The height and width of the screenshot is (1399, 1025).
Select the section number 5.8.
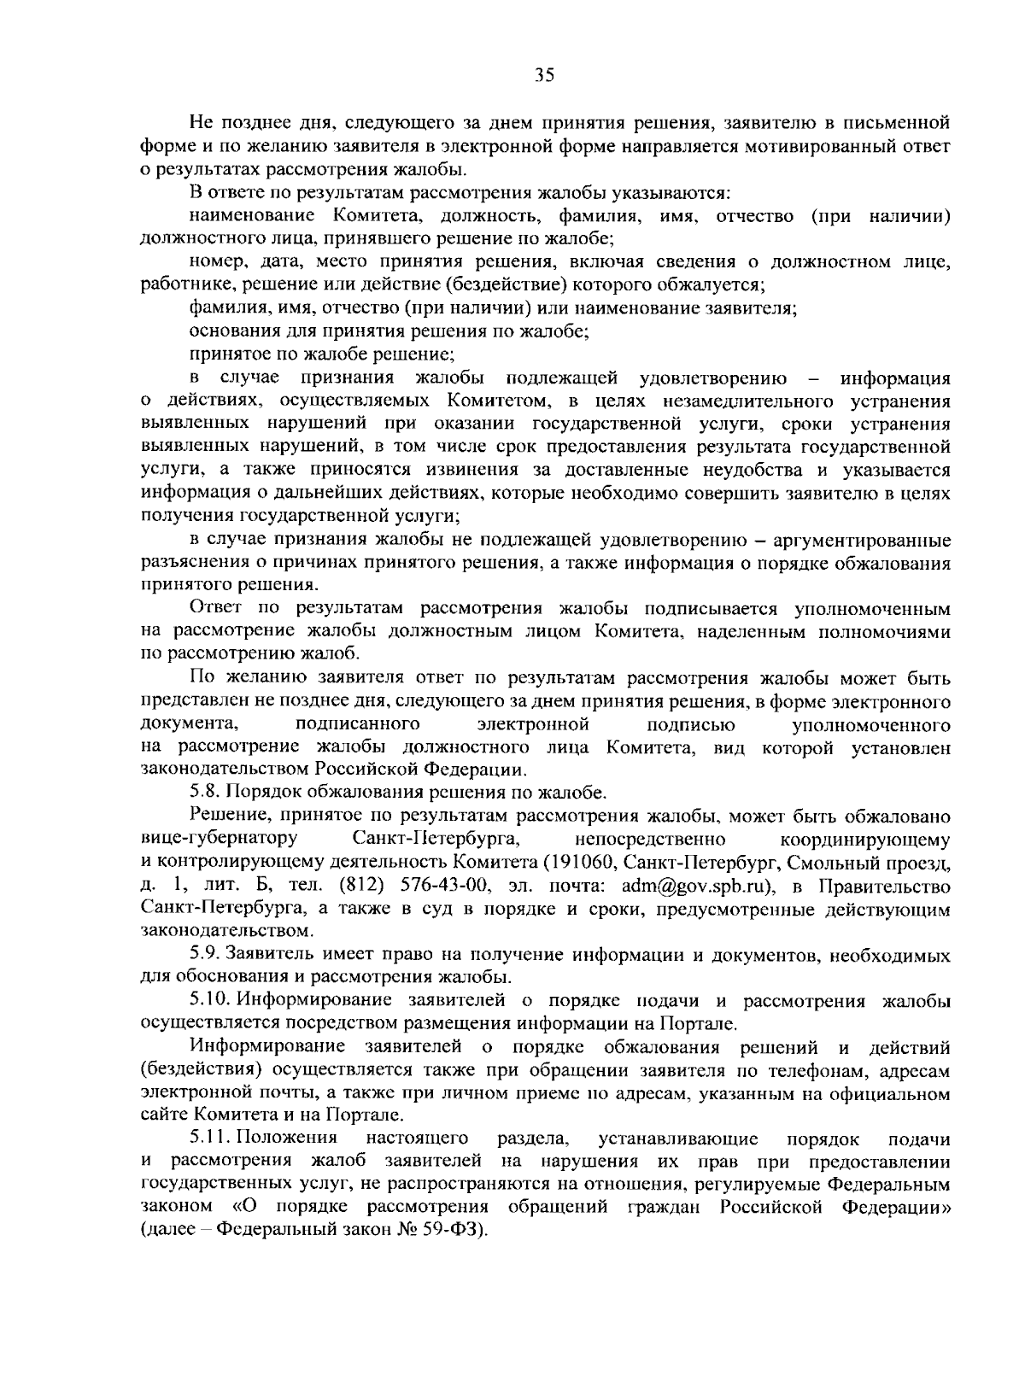(x=206, y=793)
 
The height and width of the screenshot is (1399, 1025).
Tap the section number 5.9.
(x=206, y=954)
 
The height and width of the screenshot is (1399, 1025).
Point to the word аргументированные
(x=854, y=540)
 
